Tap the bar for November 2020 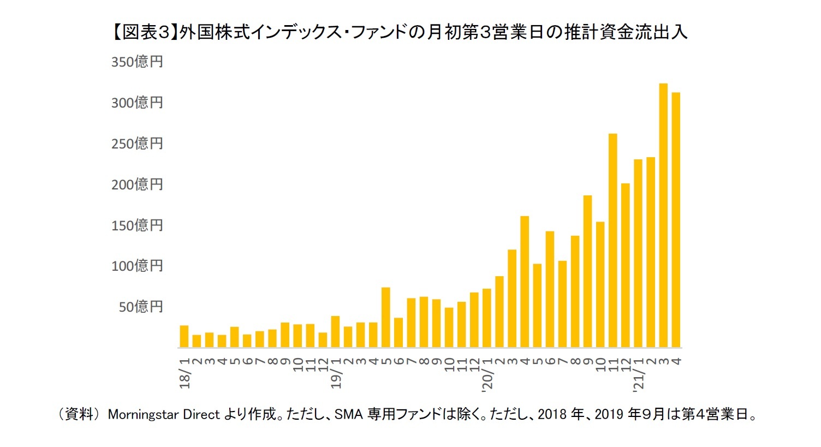(612, 241)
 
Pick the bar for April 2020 (525, 282)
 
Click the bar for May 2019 (385, 317)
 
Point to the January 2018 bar (184, 336)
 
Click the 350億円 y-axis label (137, 62)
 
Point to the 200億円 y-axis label (137, 184)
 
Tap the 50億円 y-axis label (141, 307)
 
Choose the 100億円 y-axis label (137, 266)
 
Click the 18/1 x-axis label (185, 373)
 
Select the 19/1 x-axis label (336, 373)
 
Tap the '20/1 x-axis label (487, 373)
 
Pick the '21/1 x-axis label (638, 373)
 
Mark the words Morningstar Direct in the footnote (164, 414)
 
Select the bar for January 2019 (335, 332)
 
